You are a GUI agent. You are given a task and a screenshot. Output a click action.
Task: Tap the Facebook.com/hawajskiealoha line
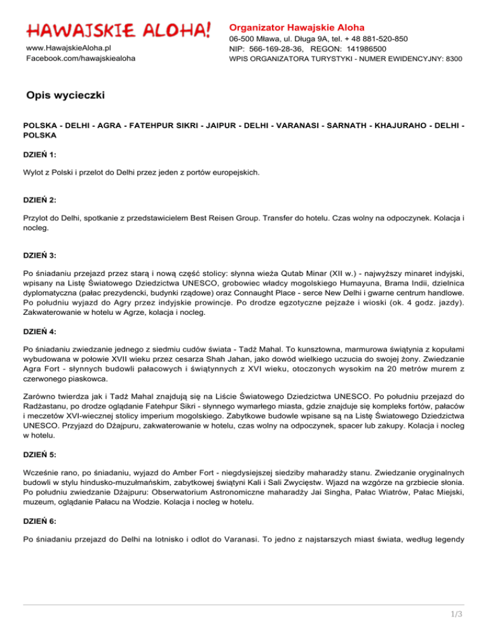80,59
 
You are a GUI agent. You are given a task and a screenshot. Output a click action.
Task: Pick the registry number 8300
453,59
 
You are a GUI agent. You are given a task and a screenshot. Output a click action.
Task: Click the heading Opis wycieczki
65,95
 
